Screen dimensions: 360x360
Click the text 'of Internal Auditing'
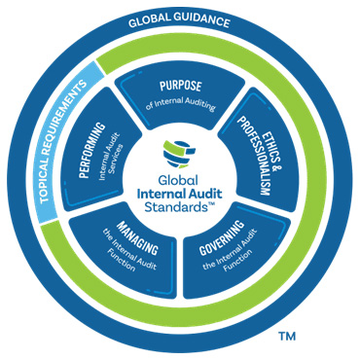point(181,103)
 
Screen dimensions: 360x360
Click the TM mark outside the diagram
point(288,337)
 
